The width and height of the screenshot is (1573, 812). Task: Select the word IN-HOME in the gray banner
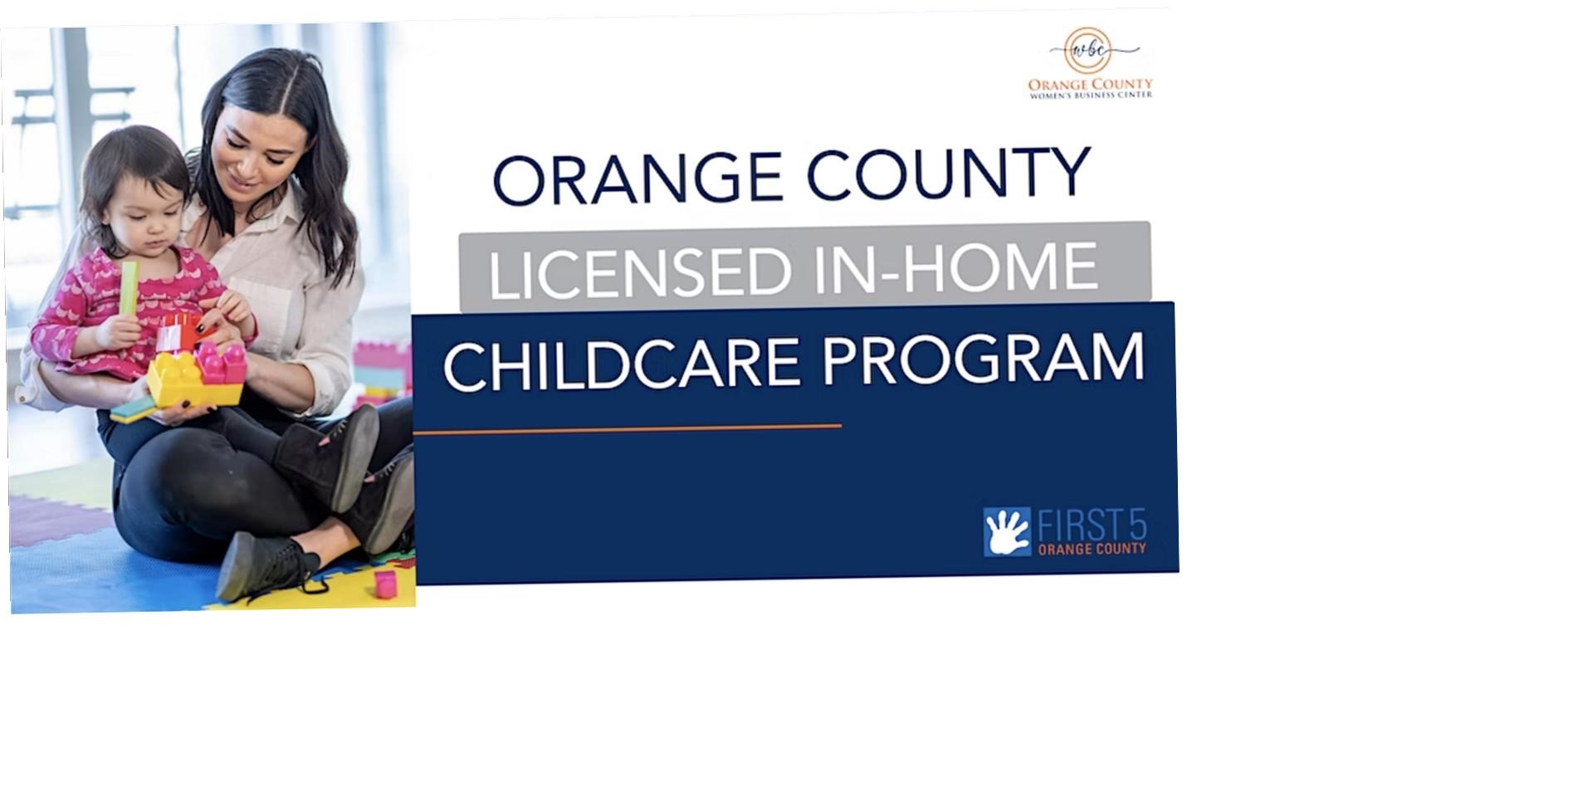(x=956, y=267)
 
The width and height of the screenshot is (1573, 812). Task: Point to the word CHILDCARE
(x=622, y=364)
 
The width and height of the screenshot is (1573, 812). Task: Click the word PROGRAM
(x=984, y=360)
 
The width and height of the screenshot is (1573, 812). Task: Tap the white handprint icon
(x=1007, y=531)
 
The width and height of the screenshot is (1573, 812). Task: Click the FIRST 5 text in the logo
(x=1092, y=526)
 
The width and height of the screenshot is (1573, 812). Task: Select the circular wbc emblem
(x=1087, y=50)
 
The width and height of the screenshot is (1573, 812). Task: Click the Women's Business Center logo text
(x=1090, y=88)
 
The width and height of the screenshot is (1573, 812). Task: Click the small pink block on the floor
(x=385, y=583)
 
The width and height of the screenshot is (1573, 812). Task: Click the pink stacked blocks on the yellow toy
(x=220, y=363)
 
